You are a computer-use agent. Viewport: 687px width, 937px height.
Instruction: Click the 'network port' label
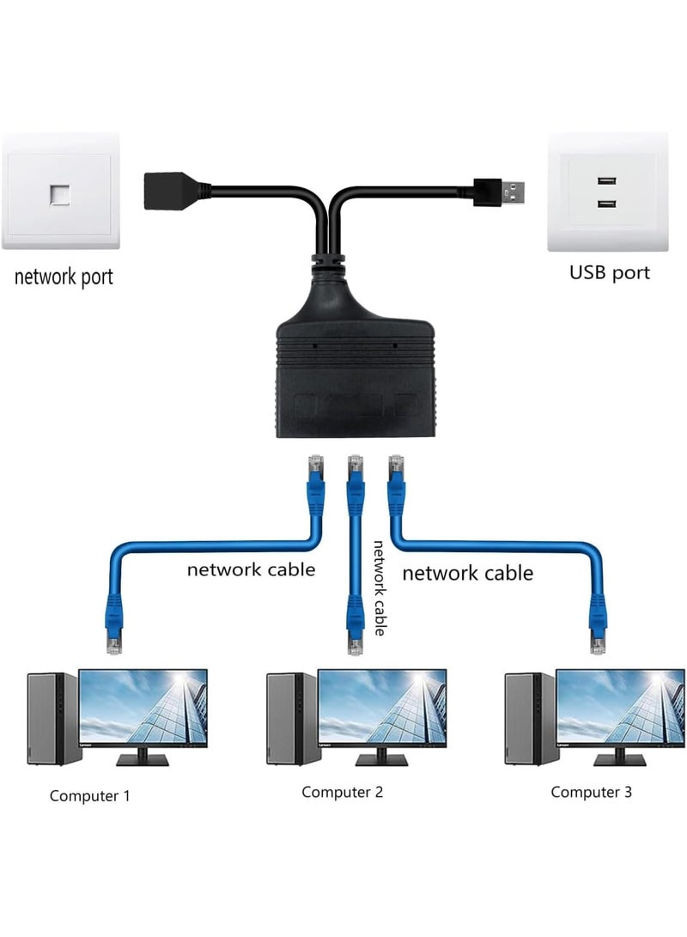click(64, 277)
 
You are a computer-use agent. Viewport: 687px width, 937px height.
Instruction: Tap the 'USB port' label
click(610, 273)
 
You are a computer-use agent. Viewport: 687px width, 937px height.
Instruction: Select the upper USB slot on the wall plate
click(607, 182)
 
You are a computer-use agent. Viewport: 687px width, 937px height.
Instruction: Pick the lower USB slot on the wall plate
click(607, 204)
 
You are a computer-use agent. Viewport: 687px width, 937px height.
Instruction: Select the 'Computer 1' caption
click(90, 795)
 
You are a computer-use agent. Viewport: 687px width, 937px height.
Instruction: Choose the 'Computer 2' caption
click(342, 792)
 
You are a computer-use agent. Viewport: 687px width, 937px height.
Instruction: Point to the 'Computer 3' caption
click(591, 792)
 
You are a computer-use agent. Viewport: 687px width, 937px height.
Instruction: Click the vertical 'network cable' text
click(379, 587)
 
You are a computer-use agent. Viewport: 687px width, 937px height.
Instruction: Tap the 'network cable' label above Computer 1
click(252, 569)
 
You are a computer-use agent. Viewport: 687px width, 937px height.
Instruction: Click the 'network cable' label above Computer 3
click(468, 572)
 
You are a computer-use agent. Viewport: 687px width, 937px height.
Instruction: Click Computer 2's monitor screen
click(382, 709)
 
